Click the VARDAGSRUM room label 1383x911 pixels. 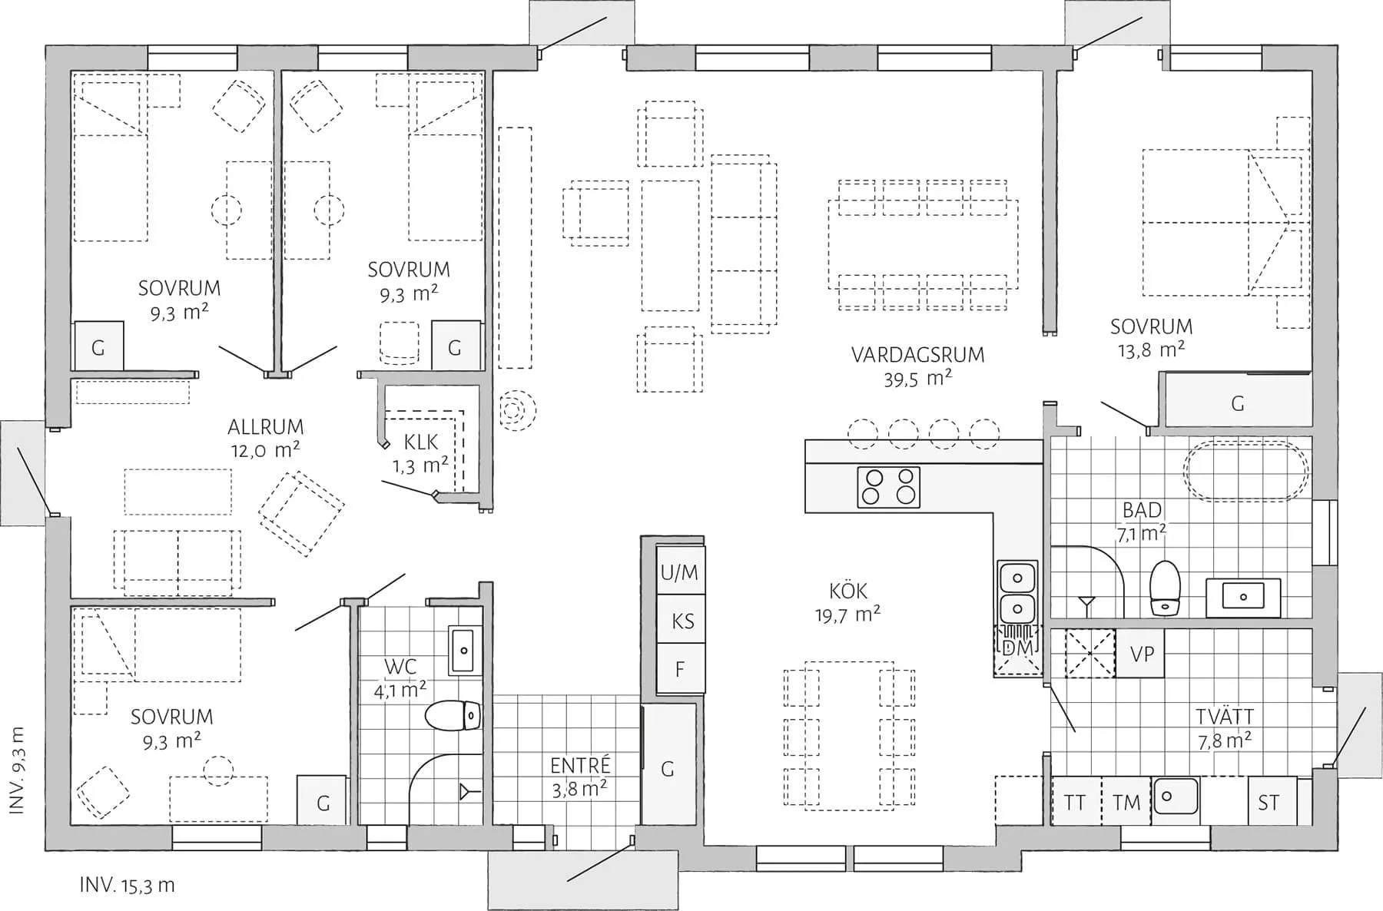pos(917,355)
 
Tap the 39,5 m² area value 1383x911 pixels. pos(917,379)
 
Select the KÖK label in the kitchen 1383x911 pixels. pos(848,591)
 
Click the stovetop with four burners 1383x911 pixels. pos(889,487)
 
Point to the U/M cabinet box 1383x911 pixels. pos(680,571)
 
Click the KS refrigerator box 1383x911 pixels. pos(682,621)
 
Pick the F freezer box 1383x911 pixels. pos(680,669)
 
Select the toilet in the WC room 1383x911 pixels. pos(453,716)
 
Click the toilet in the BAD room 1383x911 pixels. pos(1165,588)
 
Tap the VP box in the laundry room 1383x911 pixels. pos(1142,654)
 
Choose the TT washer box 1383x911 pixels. pos(1075,803)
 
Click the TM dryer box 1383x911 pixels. pos(1126,803)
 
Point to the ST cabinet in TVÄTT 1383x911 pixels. pos(1269,803)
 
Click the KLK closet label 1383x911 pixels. pos(420,442)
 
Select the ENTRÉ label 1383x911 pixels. pos(580,766)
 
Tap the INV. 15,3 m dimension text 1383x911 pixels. pos(127,886)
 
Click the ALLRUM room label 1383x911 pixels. pos(265,427)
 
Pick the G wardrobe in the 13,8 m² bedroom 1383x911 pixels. pos(1237,403)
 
